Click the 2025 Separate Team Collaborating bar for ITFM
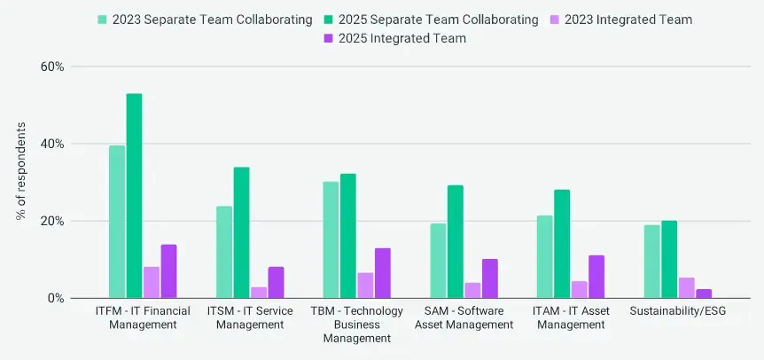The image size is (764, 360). click(x=134, y=196)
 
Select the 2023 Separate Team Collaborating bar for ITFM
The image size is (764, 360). click(x=117, y=222)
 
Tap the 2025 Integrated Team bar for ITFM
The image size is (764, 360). click(x=168, y=271)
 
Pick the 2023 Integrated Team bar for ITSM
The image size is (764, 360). click(x=259, y=293)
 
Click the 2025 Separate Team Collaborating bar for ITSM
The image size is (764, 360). click(x=241, y=232)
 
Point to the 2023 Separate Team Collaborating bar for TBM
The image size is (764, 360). click(x=331, y=239)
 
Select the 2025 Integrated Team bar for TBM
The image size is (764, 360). click(x=383, y=273)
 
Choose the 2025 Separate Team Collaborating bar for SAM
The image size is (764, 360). click(x=456, y=241)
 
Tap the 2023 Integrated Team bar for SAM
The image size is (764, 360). click(x=472, y=291)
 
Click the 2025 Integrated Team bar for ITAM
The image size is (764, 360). click(x=596, y=277)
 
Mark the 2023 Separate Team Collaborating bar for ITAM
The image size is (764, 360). click(x=544, y=256)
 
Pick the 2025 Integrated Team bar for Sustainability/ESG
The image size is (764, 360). click(x=704, y=293)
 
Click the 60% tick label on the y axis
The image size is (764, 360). click(x=51, y=67)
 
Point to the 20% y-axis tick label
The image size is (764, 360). click(x=51, y=221)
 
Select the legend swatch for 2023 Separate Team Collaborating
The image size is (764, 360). click(x=103, y=19)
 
